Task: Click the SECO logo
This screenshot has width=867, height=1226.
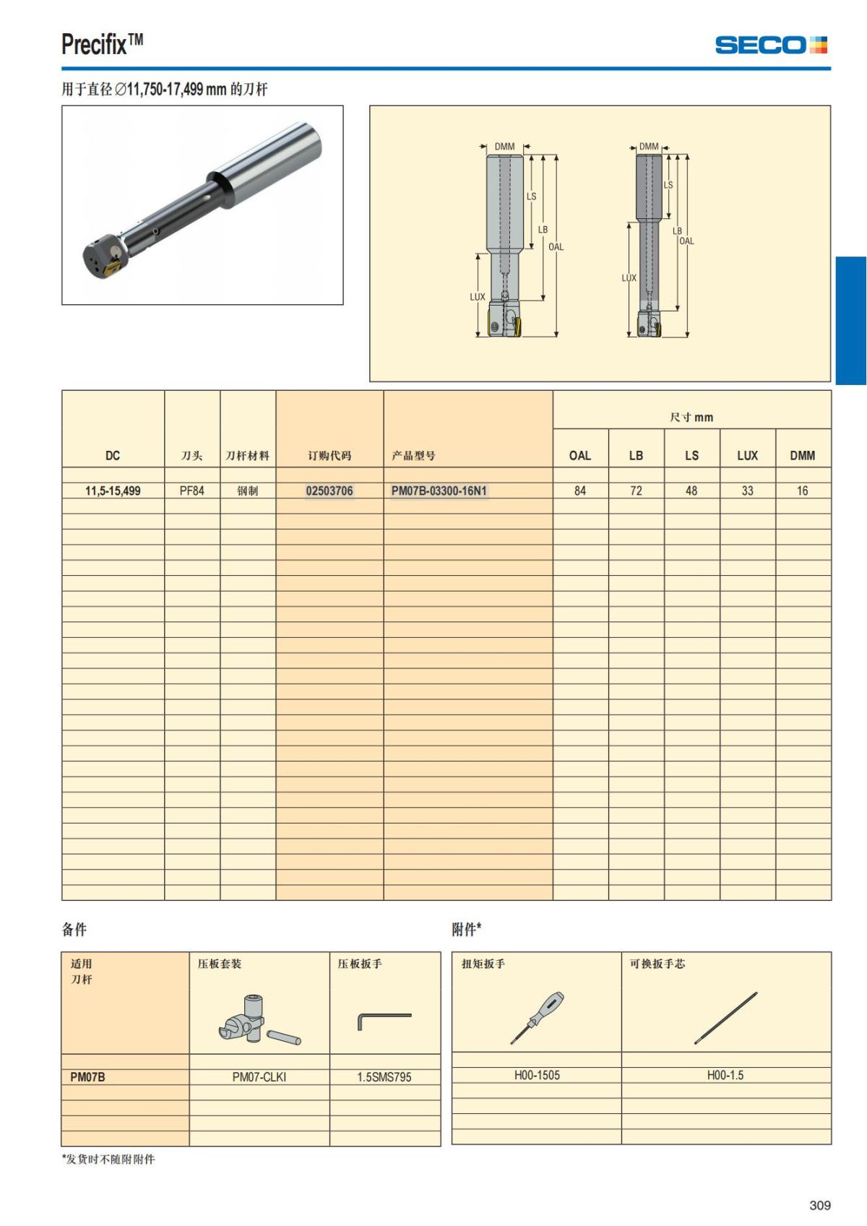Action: pos(770,45)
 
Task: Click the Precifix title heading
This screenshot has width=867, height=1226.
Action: pos(102,45)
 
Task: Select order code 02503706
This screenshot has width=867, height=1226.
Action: pos(329,491)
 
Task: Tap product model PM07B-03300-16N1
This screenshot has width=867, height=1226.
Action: pos(439,491)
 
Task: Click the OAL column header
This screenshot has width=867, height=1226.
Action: pos(580,456)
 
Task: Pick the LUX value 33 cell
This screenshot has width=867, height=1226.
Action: pos(747,491)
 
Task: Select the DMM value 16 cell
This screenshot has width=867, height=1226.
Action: pos(802,491)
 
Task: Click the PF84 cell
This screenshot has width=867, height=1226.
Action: pos(192,491)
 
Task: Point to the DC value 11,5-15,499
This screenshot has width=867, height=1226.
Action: pos(113,491)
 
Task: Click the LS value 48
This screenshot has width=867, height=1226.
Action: pos(691,491)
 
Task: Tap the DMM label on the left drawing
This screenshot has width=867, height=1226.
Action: pos(504,147)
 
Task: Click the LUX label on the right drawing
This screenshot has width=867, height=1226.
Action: pos(629,278)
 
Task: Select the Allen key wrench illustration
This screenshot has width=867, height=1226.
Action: pos(384,1020)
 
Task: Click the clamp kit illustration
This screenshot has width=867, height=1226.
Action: pos(258,1020)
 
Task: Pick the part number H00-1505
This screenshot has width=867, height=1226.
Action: pos(537,1075)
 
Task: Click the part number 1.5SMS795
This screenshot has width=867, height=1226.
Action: pos(384,1077)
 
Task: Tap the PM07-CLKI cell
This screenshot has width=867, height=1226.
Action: pos(259,1077)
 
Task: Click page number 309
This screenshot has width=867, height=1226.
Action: pos(819,1205)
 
